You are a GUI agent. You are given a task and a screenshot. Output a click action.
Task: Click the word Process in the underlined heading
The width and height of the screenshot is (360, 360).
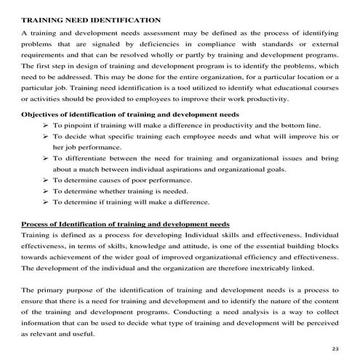38,224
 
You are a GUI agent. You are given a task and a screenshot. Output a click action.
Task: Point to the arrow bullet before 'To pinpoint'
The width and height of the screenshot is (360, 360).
46,125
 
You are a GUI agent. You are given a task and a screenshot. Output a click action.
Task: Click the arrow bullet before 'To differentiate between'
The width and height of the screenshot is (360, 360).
46,158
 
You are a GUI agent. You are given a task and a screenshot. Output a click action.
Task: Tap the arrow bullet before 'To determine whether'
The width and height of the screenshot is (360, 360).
46,191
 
